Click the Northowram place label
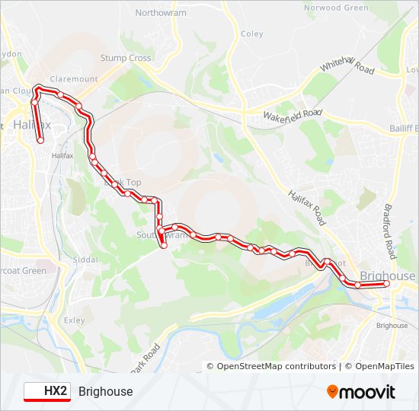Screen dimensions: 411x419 click(160, 13)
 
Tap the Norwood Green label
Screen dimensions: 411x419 click(336, 8)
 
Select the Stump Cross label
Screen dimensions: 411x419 click(126, 58)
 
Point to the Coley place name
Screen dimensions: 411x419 click(251, 33)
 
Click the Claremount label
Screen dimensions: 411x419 click(74, 79)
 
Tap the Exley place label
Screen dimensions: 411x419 click(75, 320)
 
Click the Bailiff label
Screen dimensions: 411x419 click(402, 128)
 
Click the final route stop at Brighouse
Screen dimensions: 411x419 click(386, 284)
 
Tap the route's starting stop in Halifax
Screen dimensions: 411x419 click(40, 139)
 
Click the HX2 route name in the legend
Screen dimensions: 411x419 click(56, 392)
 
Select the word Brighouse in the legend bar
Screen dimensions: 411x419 click(105, 392)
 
